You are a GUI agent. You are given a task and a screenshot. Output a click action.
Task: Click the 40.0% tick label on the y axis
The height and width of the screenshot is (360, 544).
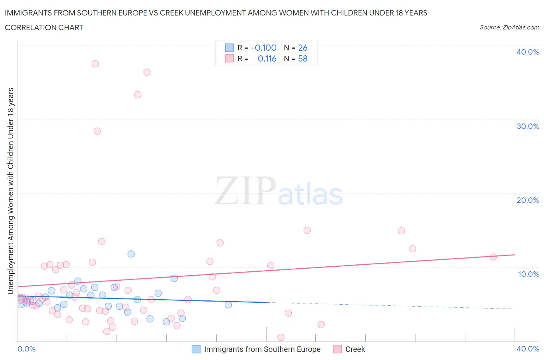click(527, 52)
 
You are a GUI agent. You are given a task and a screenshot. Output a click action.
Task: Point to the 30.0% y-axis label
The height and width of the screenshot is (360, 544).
click(527, 126)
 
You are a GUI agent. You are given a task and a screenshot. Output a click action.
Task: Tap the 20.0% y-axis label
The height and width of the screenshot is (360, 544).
click(527, 200)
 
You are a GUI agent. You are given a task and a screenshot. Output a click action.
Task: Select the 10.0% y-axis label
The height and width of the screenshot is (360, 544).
click(528, 274)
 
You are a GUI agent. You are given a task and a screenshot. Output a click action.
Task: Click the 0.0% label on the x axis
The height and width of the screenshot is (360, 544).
click(26, 349)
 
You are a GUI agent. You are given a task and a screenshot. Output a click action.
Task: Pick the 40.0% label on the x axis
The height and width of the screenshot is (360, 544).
click(527, 349)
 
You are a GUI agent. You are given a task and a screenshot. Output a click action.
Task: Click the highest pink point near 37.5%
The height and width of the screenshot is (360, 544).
click(95, 64)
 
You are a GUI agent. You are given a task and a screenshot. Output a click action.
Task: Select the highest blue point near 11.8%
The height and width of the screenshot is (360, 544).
click(131, 254)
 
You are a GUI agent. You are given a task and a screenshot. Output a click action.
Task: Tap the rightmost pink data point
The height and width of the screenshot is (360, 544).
click(493, 257)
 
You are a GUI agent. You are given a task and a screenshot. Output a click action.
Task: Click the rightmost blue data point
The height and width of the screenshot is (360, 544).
click(228, 305)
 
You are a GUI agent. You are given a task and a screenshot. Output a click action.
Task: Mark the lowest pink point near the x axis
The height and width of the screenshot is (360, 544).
click(281, 337)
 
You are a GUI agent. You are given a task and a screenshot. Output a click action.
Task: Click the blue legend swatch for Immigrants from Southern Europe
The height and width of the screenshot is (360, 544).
click(196, 349)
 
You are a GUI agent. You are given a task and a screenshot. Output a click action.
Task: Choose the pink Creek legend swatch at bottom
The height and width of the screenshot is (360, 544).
click(337, 349)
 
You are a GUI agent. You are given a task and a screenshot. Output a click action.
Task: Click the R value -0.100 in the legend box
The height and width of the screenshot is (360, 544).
click(263, 48)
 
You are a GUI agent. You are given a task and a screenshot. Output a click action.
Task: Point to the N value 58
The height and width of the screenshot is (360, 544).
click(303, 58)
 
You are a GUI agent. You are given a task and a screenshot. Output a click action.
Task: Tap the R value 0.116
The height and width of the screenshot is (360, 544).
click(267, 58)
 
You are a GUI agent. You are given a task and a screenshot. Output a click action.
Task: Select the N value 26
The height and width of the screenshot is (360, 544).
click(303, 48)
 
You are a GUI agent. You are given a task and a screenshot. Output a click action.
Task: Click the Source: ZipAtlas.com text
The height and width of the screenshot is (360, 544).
click(509, 27)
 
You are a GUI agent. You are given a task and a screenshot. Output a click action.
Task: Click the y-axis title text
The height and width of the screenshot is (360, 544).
click(11, 191)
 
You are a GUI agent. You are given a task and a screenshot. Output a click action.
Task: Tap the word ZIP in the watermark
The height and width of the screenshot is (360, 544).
click(245, 191)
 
